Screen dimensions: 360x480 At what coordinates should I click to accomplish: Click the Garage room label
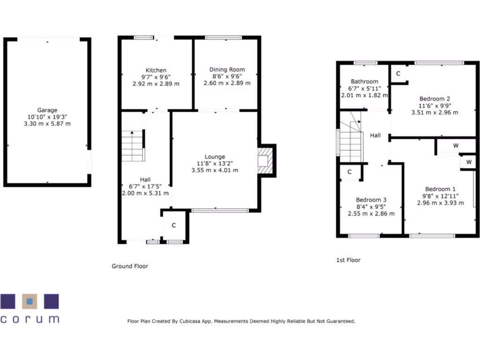(x=47, y=110)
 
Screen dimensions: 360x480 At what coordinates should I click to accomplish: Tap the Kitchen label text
(x=156, y=70)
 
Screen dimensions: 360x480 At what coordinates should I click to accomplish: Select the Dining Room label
(x=227, y=69)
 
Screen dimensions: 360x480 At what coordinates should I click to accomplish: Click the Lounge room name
(x=215, y=157)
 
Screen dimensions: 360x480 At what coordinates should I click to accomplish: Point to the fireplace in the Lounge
(x=265, y=160)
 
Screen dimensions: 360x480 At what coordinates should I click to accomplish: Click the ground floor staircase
(x=132, y=146)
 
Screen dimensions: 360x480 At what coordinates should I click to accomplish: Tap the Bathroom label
(x=364, y=81)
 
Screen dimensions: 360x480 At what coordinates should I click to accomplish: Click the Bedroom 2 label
(x=435, y=98)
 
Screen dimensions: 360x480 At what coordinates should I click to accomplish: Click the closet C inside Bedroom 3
(x=350, y=172)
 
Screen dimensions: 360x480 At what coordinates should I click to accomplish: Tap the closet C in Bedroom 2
(x=398, y=74)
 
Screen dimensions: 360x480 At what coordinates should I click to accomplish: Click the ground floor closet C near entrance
(x=173, y=225)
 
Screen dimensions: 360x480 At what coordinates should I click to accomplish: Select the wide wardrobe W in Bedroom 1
(x=455, y=146)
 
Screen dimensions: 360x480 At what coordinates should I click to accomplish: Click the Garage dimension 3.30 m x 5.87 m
(x=47, y=123)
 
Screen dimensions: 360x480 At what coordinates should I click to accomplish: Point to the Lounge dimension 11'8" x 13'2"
(x=215, y=163)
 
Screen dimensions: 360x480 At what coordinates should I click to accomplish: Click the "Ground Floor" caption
(x=129, y=266)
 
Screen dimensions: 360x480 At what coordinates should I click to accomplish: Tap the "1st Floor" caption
(x=348, y=260)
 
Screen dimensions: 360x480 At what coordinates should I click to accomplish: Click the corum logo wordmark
(x=30, y=320)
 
